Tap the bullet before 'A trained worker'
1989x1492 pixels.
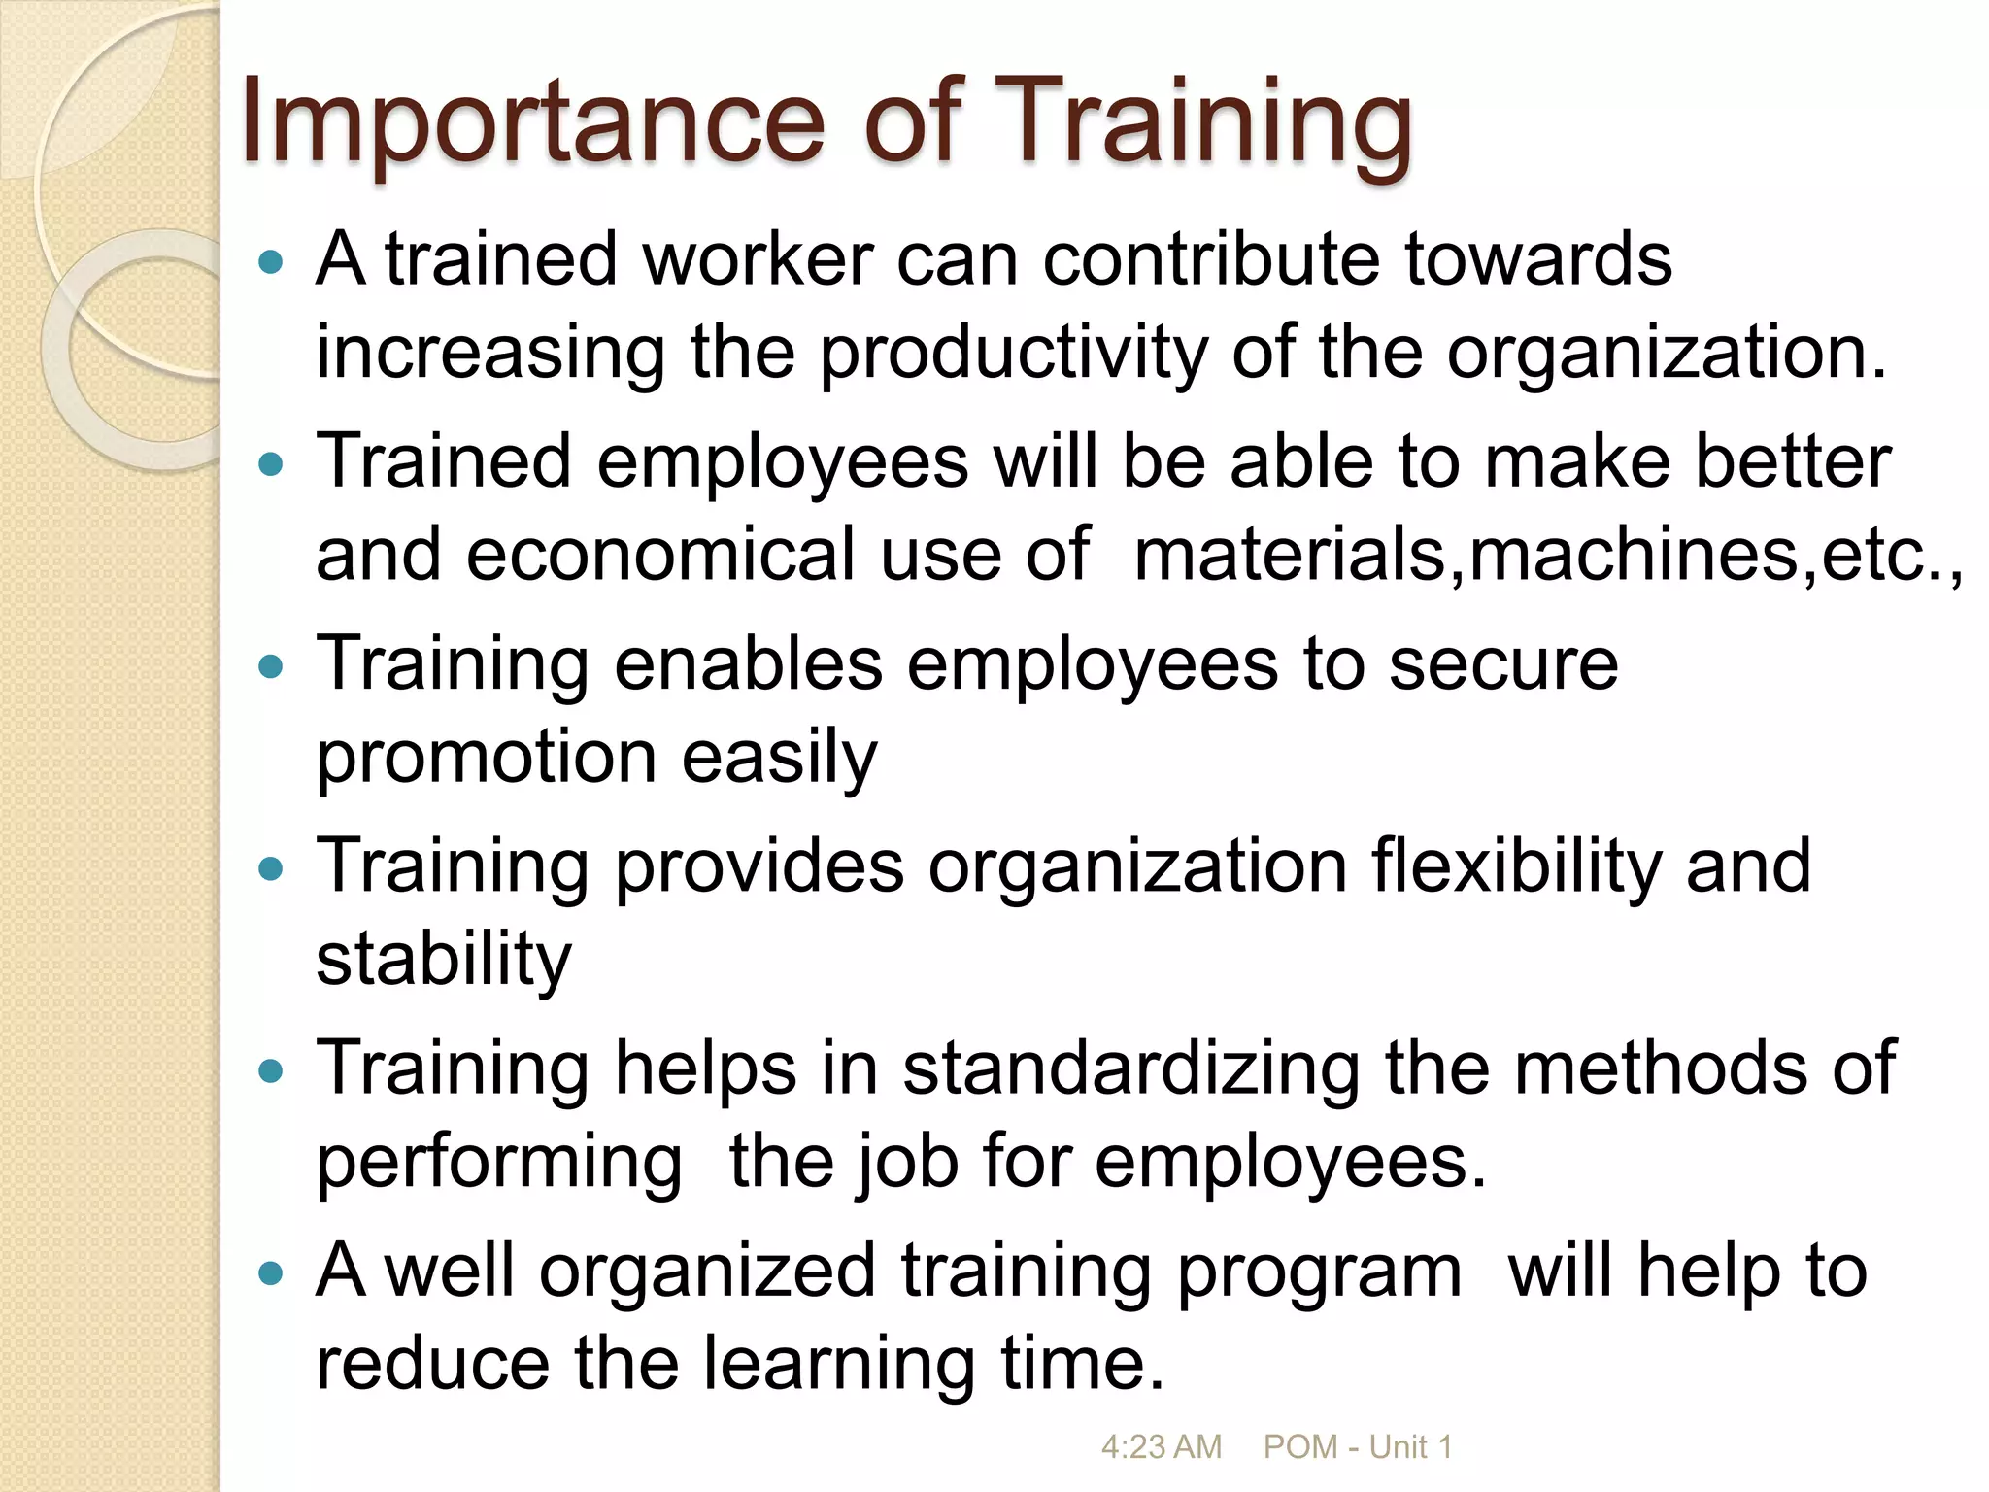(272, 262)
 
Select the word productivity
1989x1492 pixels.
(1014, 354)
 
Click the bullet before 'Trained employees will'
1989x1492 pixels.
(272, 464)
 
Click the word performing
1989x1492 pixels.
(499, 1163)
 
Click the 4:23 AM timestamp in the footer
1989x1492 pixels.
(1161, 1447)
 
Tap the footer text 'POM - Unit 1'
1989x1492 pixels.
(1357, 1447)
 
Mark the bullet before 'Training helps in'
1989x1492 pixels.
(272, 1071)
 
